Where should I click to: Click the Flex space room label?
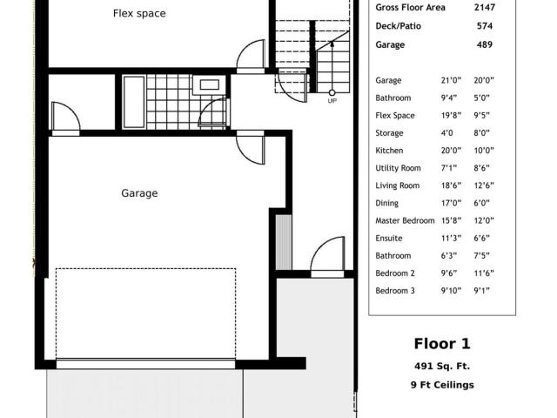point(139,14)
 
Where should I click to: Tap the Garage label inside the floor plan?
point(139,193)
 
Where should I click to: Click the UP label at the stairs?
point(332,101)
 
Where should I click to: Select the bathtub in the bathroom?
point(133,102)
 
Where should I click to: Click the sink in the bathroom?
point(209,84)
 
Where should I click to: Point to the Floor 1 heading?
point(442,344)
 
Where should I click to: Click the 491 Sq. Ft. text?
point(442,366)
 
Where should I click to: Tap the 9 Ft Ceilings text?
point(442,385)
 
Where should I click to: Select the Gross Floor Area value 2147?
point(485,7)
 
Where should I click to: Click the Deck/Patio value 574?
point(485,26)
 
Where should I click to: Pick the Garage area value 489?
point(485,44)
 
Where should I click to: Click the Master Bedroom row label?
point(405,220)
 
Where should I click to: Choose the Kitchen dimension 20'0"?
point(451,151)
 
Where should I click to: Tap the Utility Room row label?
point(399,168)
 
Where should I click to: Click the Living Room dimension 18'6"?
point(451,185)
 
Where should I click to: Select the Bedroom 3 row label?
point(395,291)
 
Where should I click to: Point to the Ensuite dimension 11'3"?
point(451,238)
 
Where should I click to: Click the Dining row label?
point(386,203)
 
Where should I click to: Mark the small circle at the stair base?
point(332,93)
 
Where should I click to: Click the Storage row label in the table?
point(389,133)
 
